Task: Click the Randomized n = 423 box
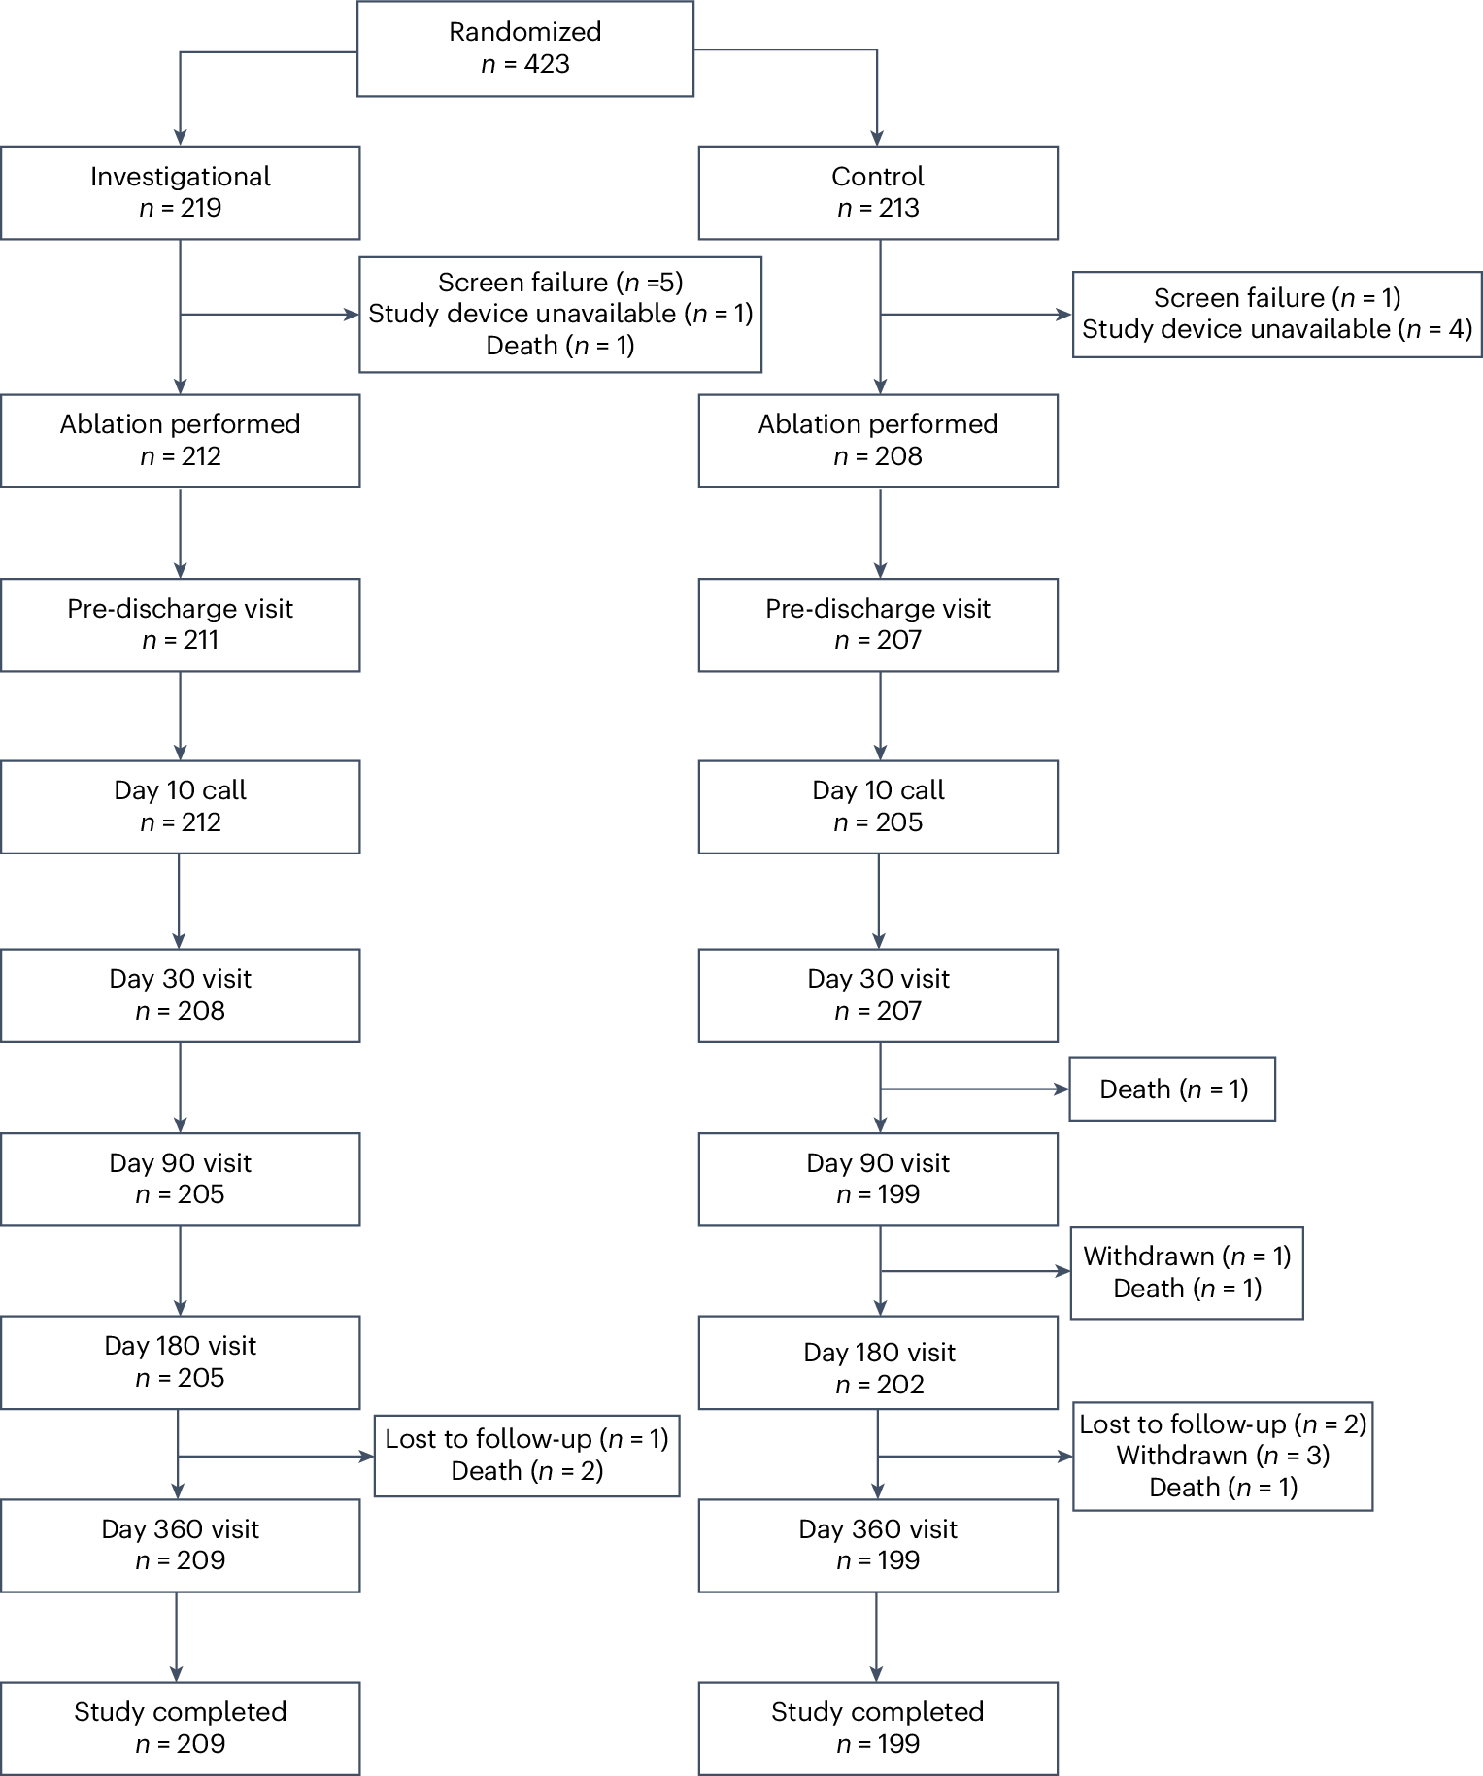point(524,49)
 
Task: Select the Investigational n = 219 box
point(180,192)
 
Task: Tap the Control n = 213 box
point(877,192)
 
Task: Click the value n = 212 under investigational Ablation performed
point(181,456)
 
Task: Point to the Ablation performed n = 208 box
point(877,440)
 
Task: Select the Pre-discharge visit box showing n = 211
point(180,624)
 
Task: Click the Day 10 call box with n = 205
point(877,806)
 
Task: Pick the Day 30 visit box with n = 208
point(180,994)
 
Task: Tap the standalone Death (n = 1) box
point(1171,1089)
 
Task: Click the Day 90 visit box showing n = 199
point(877,1179)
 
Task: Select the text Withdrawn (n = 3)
point(1222,1456)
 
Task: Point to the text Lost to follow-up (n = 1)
point(526,1439)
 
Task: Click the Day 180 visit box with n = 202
point(877,1367)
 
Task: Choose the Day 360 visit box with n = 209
point(180,1545)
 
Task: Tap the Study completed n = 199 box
point(877,1727)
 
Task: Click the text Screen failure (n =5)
point(560,283)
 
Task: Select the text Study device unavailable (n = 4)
point(1276,329)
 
